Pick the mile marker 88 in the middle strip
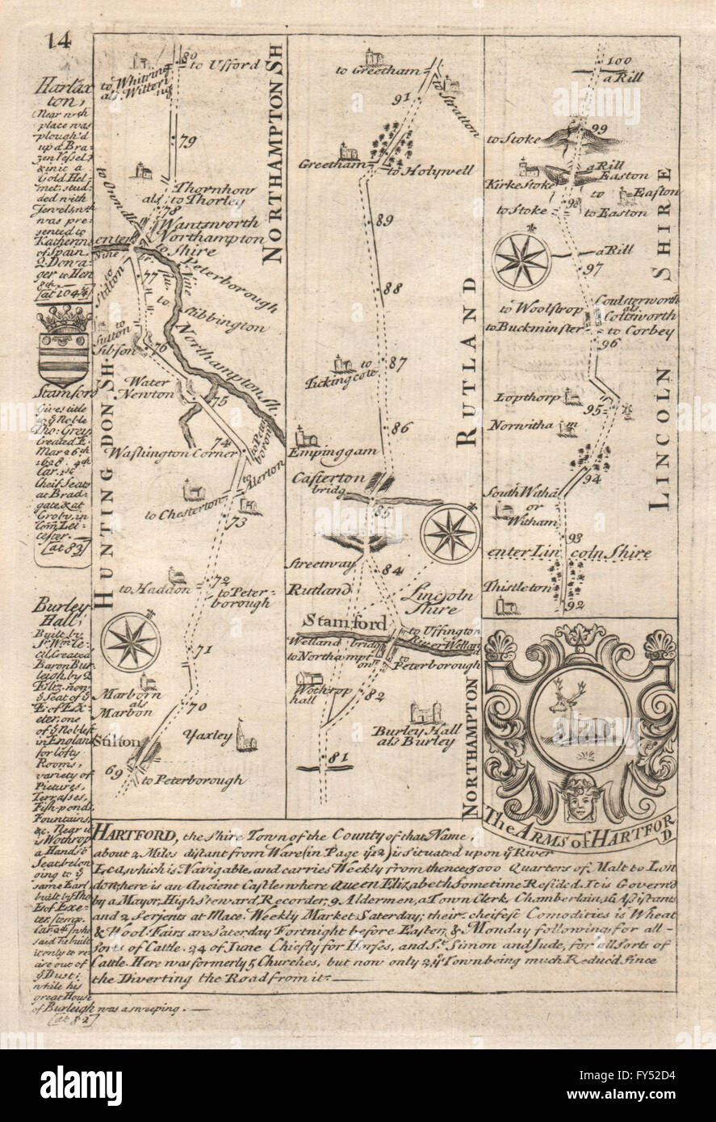pyautogui.click(x=393, y=288)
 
